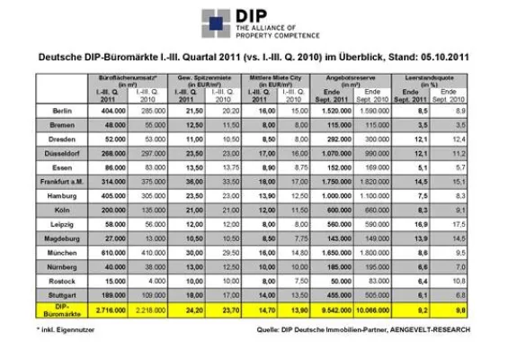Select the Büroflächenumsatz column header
(x=131, y=78)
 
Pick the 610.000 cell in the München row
(x=111, y=255)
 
